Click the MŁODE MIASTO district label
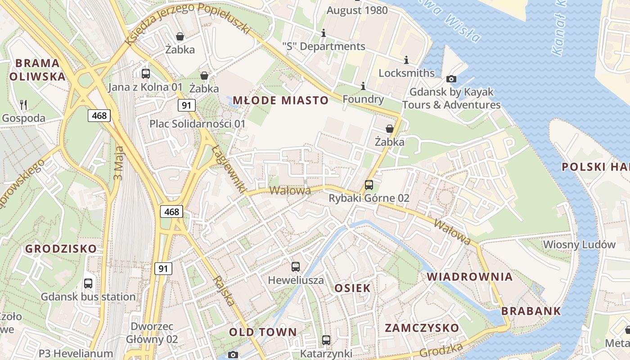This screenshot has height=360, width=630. [280, 100]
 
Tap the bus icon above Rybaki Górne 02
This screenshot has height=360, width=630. [369, 184]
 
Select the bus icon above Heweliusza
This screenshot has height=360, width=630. [296, 267]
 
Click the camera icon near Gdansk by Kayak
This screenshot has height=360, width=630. [451, 79]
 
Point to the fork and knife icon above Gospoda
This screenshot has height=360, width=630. [24, 105]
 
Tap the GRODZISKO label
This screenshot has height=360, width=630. [61, 248]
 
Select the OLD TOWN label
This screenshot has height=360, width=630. [263, 332]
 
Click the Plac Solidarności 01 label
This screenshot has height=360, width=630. [198, 123]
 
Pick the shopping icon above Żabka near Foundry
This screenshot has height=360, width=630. [390, 129]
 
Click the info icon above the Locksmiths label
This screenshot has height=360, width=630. [406, 60]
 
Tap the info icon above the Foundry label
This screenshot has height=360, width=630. [363, 86]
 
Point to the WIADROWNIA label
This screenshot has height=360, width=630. [470, 276]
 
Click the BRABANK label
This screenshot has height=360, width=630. [531, 310]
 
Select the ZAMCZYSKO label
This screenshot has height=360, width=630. [422, 328]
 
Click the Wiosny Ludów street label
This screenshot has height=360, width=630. [579, 244]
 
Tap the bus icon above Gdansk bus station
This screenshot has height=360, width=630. [88, 283]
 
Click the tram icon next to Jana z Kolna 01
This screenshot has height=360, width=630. [146, 74]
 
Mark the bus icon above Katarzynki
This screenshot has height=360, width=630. [326, 340]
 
